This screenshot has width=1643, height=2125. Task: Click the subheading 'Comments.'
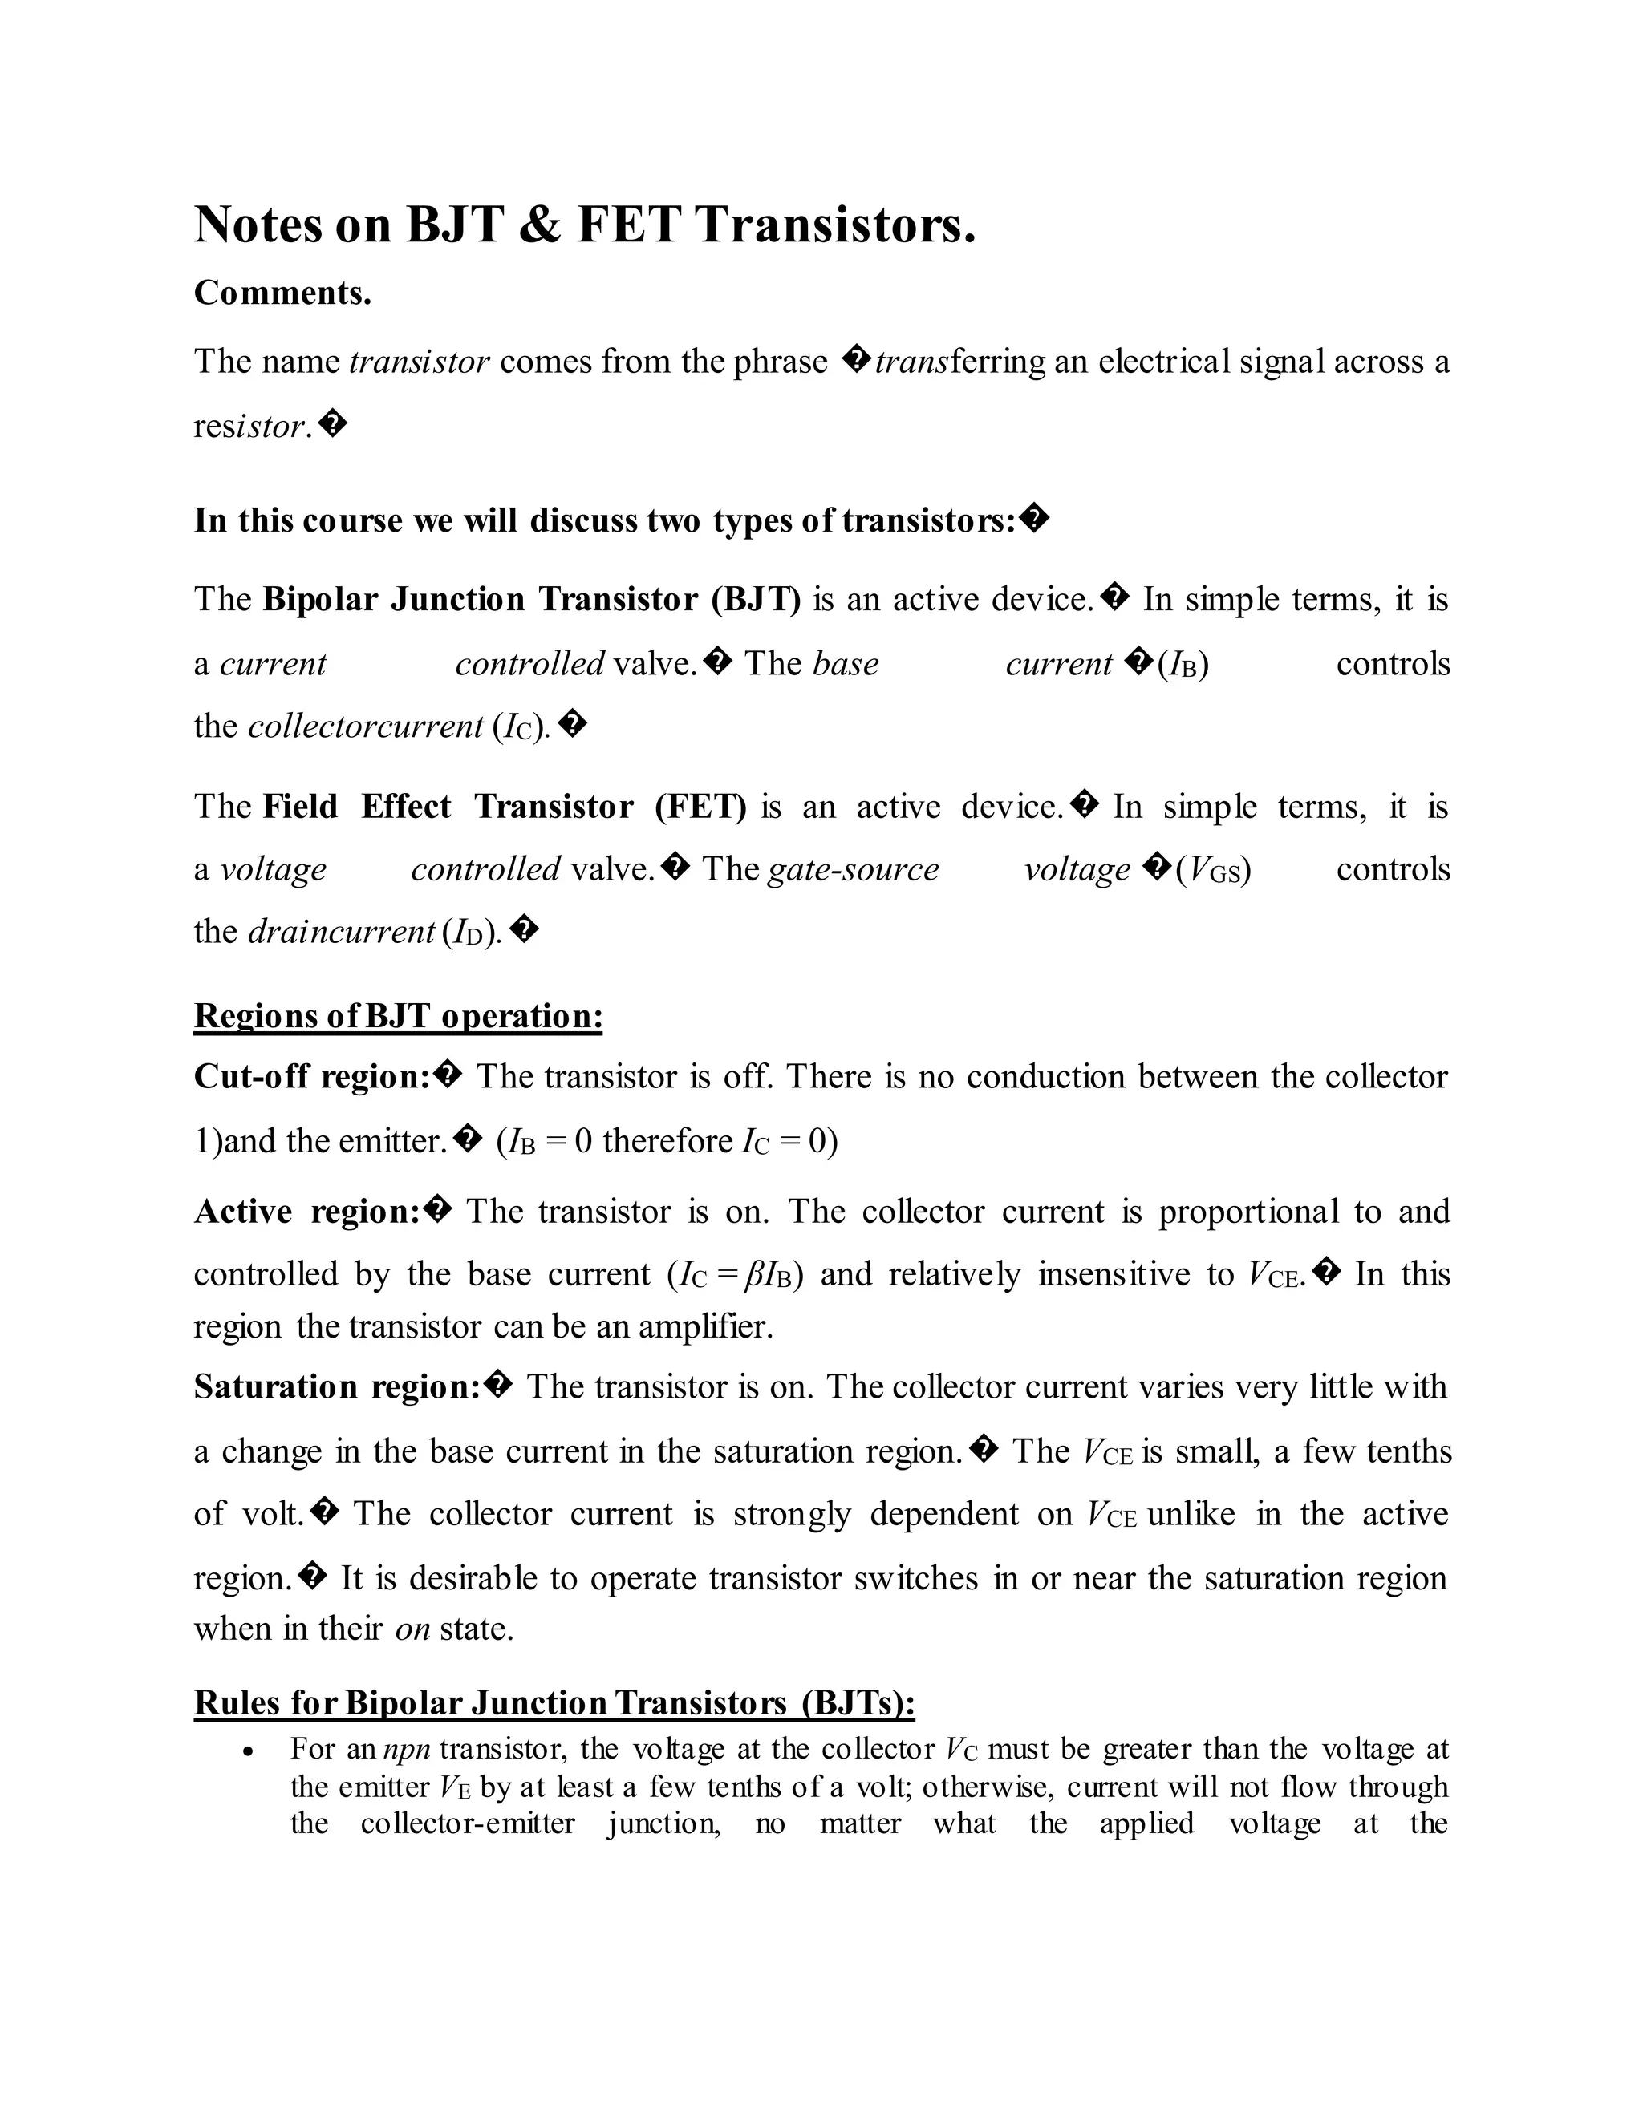[x=282, y=293]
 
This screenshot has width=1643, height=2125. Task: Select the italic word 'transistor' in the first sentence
[x=419, y=362]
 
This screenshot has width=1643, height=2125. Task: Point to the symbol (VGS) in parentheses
[x=1213, y=869]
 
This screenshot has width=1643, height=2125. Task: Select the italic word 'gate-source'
[x=853, y=869]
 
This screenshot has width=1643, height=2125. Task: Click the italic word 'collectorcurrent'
[x=365, y=726]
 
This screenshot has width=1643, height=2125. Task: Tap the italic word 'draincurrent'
[x=341, y=931]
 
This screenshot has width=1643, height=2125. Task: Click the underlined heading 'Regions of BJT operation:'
[x=398, y=1016]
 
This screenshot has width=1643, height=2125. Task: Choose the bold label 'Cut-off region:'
[x=311, y=1076]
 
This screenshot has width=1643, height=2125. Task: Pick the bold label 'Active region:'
[x=306, y=1212]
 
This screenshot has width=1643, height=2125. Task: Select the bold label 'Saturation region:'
[x=337, y=1386]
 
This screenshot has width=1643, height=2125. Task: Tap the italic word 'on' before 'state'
[x=412, y=1629]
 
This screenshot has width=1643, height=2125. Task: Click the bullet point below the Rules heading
[x=249, y=1751]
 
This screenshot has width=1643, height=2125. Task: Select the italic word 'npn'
[x=407, y=1750]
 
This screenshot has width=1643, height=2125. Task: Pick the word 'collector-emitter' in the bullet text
[x=467, y=1823]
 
